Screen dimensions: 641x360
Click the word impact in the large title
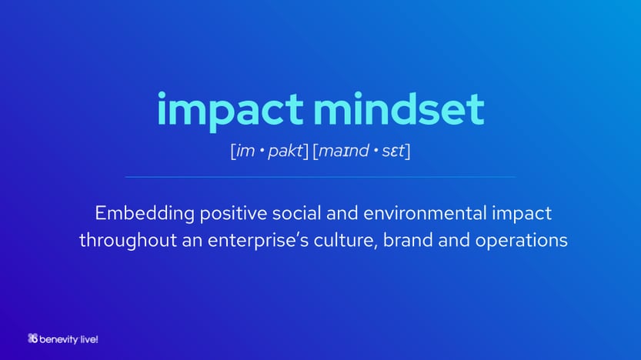(x=230, y=110)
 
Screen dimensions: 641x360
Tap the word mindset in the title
(x=399, y=108)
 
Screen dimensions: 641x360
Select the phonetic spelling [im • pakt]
(x=269, y=151)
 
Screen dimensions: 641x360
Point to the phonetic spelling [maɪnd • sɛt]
(x=362, y=151)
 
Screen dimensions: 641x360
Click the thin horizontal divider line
(x=320, y=177)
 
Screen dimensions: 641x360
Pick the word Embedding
(x=145, y=214)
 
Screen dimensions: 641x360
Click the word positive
(x=233, y=214)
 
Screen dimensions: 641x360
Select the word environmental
(x=425, y=213)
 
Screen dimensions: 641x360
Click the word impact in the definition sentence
(x=522, y=214)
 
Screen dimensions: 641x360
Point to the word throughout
(x=128, y=240)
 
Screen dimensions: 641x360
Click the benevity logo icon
(x=32, y=338)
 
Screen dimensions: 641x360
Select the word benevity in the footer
(x=58, y=339)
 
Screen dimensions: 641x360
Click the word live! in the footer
(x=88, y=339)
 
